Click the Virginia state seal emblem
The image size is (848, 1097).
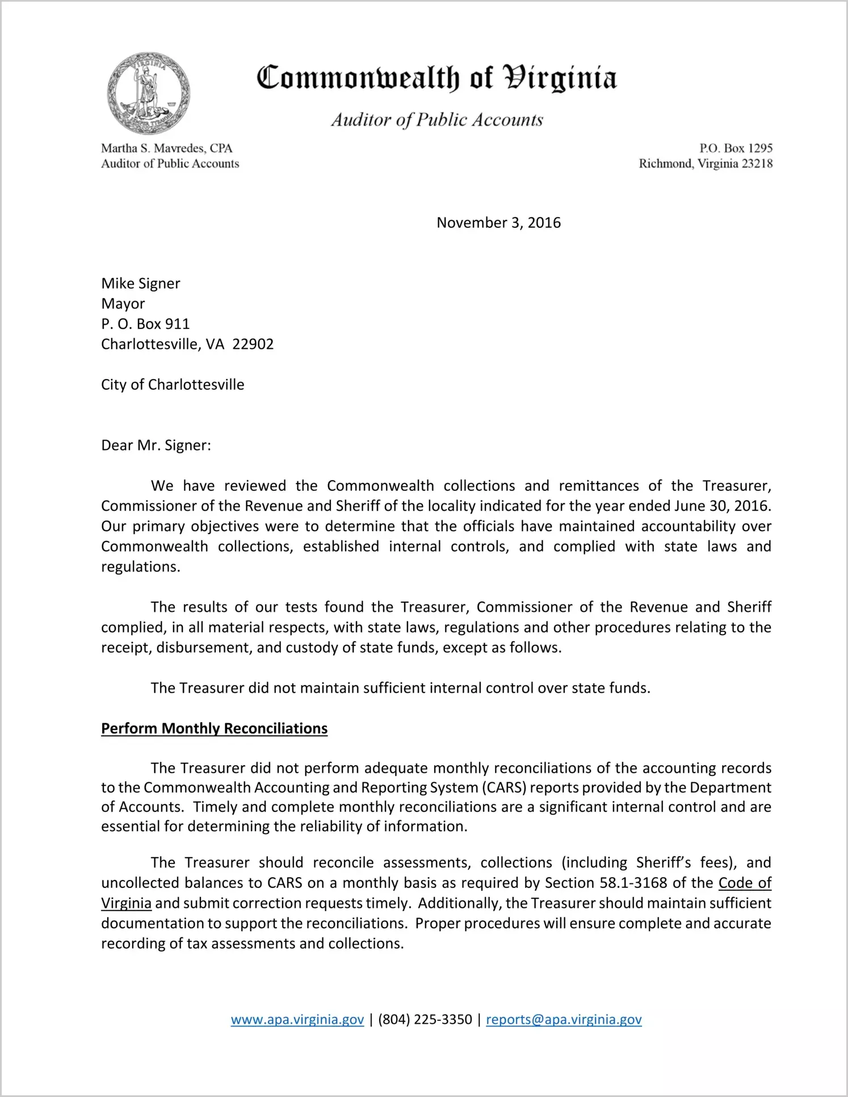pos(148,93)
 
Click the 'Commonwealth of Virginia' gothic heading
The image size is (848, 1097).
pos(436,78)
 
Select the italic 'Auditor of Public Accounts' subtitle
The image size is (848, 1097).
pos(437,120)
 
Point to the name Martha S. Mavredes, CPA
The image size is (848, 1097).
pos(167,148)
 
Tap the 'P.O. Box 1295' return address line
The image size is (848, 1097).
pos(736,148)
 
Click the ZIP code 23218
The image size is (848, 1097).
pos(757,164)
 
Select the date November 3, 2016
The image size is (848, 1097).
pos(498,223)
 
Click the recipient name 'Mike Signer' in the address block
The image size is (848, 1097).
pos(140,283)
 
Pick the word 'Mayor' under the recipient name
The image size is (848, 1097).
pos(123,303)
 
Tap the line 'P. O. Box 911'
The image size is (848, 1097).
pos(145,324)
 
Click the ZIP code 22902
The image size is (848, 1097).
pos(253,344)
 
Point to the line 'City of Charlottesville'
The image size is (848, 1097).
pos(173,385)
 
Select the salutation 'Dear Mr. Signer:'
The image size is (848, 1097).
pos(156,445)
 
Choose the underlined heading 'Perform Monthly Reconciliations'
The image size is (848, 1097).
pos(214,729)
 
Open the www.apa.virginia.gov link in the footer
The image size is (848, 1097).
pos(297,1020)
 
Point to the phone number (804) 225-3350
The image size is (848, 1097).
pos(425,1020)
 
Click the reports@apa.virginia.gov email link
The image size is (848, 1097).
pos(564,1020)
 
